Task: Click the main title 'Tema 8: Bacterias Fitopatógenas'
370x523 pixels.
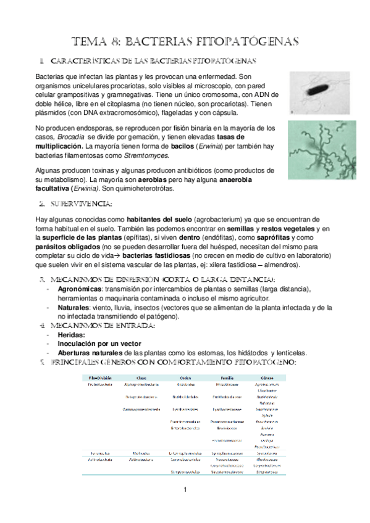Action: [186, 42]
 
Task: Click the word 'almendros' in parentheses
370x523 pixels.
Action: [280, 264]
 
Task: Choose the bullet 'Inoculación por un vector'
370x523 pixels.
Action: [99, 344]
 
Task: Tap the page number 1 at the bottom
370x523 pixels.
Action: [185, 490]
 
